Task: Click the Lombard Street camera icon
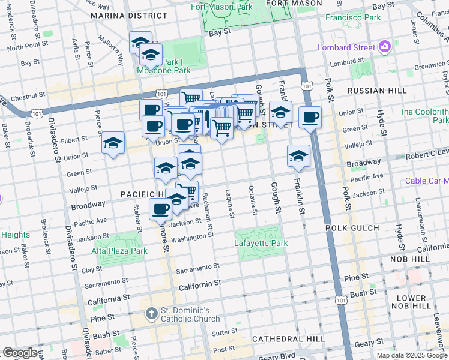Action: point(385,46)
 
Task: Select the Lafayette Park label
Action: point(261,243)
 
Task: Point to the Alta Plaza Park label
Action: point(119,251)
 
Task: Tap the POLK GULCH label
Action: point(352,228)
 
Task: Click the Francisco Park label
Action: point(353,17)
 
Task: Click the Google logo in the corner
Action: point(20,353)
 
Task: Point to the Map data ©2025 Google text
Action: point(412,355)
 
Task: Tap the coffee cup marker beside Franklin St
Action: point(310,118)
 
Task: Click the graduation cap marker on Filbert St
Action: point(113,143)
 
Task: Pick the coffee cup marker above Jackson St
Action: point(161,210)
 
